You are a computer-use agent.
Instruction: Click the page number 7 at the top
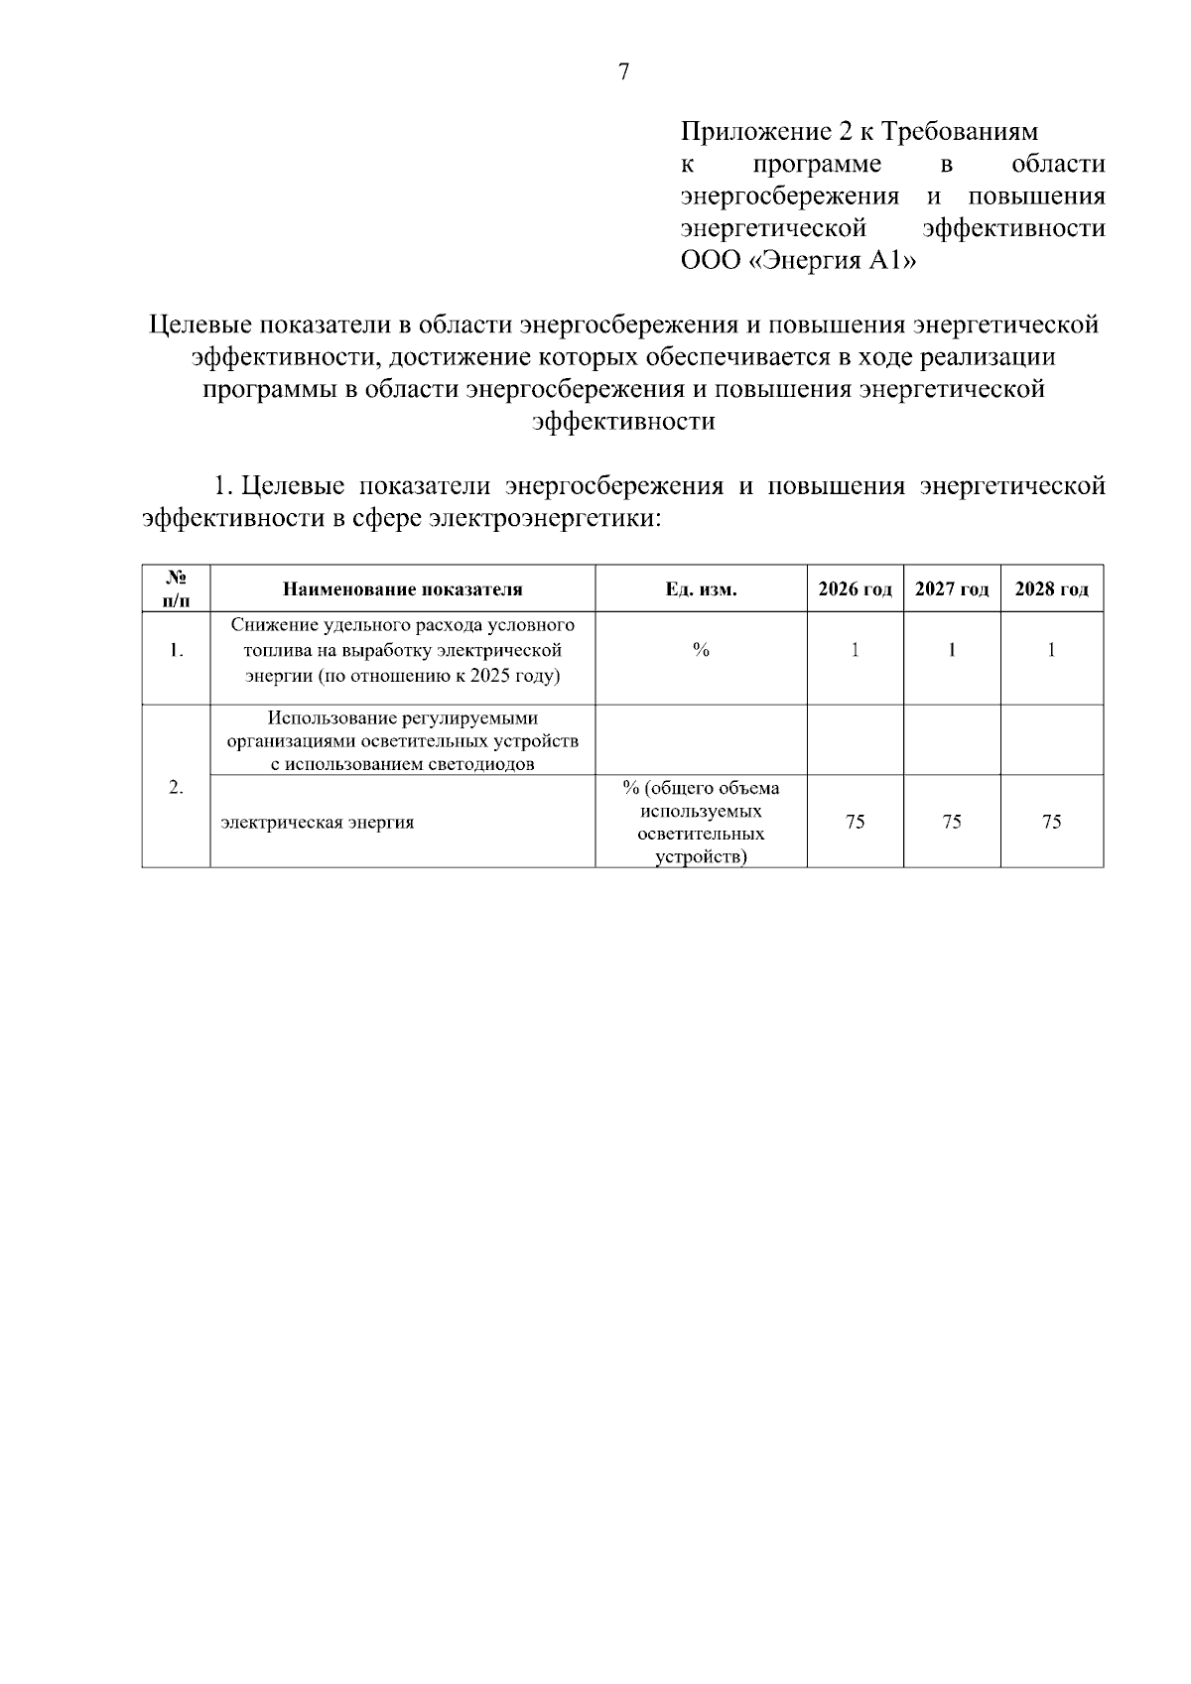click(x=624, y=72)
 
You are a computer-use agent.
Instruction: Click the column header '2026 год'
click(x=855, y=589)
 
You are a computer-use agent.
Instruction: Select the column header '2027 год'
click(x=952, y=589)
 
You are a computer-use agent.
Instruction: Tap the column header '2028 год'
click(x=1052, y=589)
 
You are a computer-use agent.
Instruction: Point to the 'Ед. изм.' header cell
click(x=701, y=589)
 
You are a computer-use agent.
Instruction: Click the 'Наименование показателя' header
click(x=402, y=589)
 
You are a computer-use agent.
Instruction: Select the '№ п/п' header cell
click(x=176, y=588)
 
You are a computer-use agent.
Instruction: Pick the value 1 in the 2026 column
click(x=855, y=651)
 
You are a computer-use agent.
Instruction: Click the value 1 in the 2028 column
click(x=1052, y=651)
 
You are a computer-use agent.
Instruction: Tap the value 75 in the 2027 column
click(x=952, y=822)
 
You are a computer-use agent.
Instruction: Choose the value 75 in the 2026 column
click(x=855, y=822)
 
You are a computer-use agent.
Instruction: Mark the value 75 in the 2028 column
click(x=1052, y=822)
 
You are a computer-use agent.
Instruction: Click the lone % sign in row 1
click(x=701, y=651)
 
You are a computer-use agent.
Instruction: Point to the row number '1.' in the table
click(x=176, y=652)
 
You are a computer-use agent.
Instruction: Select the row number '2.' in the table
click(x=176, y=788)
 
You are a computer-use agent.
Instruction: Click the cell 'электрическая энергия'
click(x=318, y=823)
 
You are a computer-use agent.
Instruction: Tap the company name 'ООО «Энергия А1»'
click(x=798, y=262)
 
